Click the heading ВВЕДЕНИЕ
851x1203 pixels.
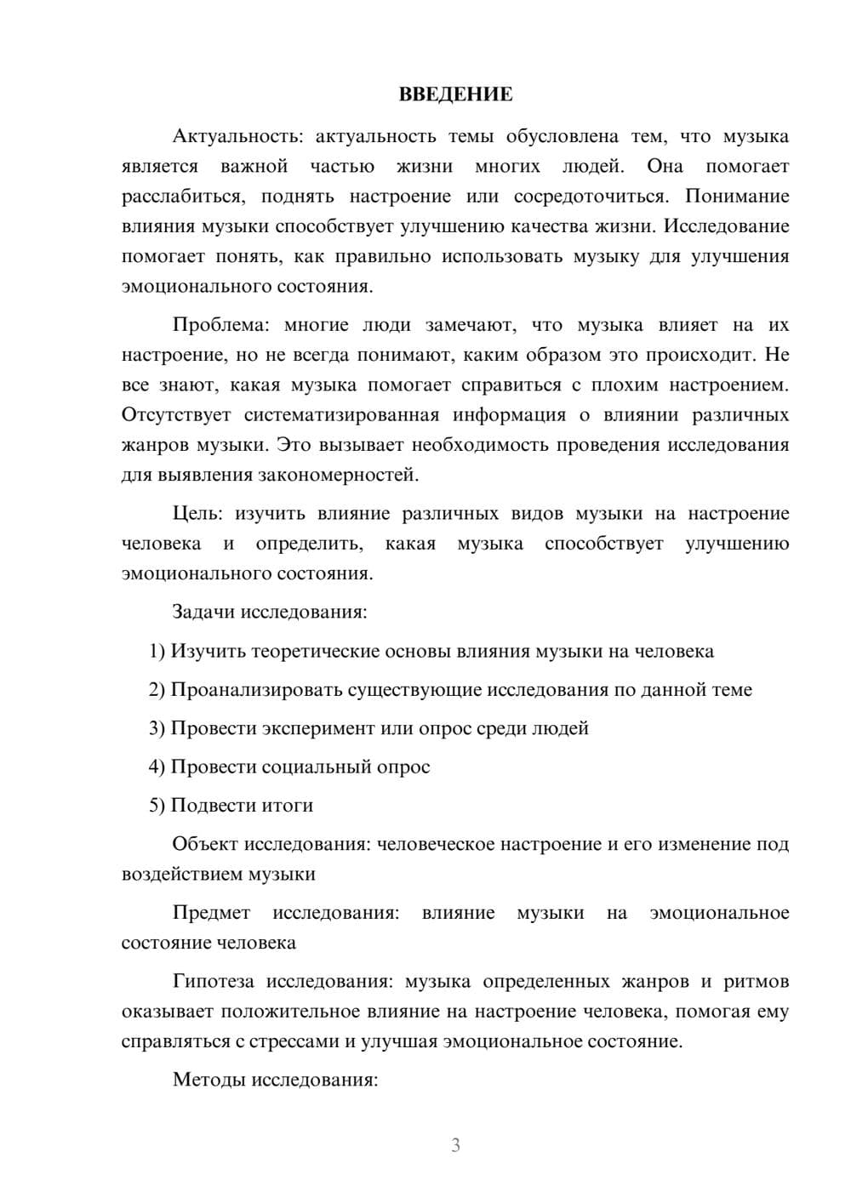pos(455,94)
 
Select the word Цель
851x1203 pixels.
pos(197,514)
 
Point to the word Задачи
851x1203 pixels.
pos(205,612)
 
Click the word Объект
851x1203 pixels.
pos(205,844)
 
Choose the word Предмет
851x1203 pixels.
pos(211,913)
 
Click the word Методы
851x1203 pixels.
pos(207,1080)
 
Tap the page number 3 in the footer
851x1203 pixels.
pos(455,1145)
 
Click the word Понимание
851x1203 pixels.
pos(737,197)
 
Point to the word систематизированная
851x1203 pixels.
pos(341,415)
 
